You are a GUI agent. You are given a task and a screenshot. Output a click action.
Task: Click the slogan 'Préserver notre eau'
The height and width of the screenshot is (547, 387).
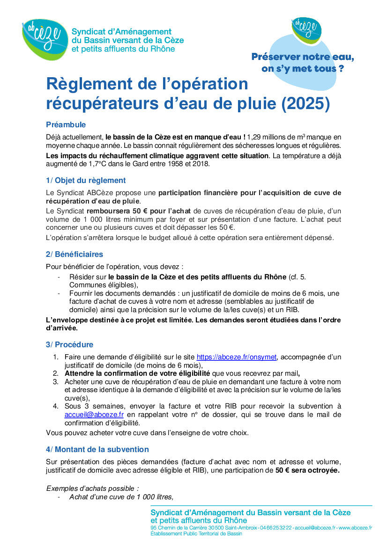(x=303, y=57)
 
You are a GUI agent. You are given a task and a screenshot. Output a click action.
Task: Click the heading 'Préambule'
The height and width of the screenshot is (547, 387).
(x=66, y=124)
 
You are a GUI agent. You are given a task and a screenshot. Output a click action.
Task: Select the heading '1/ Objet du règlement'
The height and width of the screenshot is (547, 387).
(x=86, y=180)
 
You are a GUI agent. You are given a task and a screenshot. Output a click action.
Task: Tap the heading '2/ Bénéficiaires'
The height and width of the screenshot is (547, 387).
(x=74, y=255)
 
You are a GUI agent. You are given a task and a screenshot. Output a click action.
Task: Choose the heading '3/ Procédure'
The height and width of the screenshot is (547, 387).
(x=69, y=344)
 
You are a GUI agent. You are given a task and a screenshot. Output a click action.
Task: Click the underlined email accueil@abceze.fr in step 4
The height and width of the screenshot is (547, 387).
(x=94, y=415)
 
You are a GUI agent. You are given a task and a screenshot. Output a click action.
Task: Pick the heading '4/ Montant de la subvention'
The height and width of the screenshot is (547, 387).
(x=97, y=449)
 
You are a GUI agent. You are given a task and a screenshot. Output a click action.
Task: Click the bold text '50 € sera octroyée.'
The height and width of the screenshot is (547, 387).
(x=307, y=470)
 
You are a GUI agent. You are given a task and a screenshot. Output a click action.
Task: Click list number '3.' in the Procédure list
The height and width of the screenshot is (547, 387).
(x=55, y=382)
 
